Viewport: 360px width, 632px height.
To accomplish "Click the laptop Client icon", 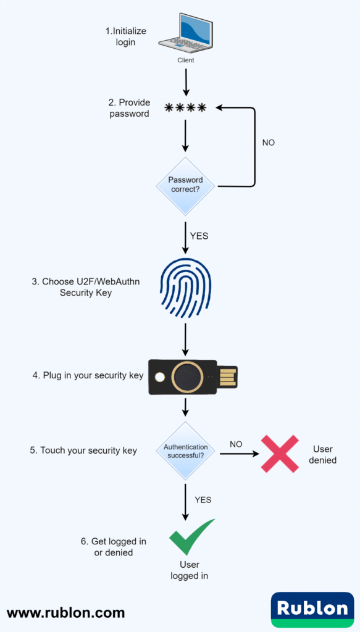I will coord(186,34).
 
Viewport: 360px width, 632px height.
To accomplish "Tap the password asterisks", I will coord(185,109).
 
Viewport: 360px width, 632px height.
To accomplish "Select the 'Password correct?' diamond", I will coord(185,184).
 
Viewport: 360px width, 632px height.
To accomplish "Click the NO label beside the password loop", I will coord(269,143).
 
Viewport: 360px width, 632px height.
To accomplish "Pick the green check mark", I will coord(191,536).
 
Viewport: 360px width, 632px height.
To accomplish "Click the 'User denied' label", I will coord(323,454).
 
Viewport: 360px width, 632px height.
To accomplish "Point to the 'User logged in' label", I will coord(190,570).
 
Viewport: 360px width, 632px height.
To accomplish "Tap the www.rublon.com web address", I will coord(66,613).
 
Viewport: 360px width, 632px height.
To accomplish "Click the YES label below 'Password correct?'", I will coord(199,236).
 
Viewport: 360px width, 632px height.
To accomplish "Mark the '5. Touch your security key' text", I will coord(83,451).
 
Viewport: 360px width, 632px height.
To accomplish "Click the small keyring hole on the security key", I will coord(160,376).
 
